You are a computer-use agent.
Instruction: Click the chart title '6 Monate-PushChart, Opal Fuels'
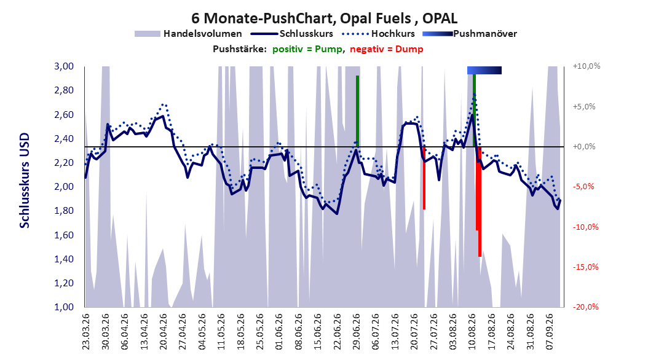pos(301,18)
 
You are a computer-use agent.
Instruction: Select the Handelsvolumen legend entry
pos(188,34)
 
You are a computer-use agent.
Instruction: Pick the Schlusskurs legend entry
pos(292,34)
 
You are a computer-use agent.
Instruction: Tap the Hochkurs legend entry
pos(378,34)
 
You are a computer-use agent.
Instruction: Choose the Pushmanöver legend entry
pos(470,34)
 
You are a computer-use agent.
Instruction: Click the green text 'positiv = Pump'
pos(307,49)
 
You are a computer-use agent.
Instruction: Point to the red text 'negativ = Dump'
pos(387,49)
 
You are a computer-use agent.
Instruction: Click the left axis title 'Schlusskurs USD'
pos(25,181)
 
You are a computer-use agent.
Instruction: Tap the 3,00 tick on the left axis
pos(64,66)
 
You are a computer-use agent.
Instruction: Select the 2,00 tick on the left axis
pos(64,187)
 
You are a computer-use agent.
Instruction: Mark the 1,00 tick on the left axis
pos(64,307)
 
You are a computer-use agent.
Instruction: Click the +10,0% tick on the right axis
pos(587,66)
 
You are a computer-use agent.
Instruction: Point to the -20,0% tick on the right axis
pos(585,307)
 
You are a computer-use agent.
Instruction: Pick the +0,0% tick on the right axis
pos(584,147)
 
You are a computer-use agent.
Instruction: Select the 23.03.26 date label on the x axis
pos(86,332)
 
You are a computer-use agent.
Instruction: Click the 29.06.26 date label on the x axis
pos(357,332)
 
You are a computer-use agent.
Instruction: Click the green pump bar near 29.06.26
pos(357,111)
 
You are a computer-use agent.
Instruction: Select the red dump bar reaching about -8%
pos(424,178)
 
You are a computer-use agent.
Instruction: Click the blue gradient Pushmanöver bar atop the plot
pos(484,70)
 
